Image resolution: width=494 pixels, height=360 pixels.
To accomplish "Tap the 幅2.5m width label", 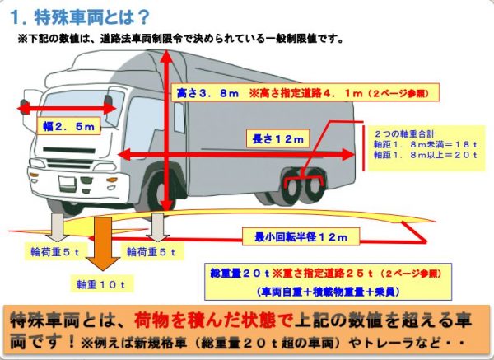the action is (x=68, y=126).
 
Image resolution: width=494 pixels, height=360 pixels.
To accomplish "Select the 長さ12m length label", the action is (x=277, y=138).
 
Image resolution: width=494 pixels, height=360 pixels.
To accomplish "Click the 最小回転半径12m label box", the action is (x=301, y=236).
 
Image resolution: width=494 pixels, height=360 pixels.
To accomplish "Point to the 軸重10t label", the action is (x=101, y=284).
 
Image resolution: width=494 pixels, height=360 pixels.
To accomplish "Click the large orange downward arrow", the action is (x=103, y=243).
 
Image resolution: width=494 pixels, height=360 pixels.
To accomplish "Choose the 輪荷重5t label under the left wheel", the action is (x=55, y=252).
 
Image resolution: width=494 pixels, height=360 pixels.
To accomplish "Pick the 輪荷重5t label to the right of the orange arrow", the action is (x=151, y=252).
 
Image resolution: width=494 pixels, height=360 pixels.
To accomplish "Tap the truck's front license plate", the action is (x=68, y=184).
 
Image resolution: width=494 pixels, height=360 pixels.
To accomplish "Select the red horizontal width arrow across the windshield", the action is (x=67, y=109).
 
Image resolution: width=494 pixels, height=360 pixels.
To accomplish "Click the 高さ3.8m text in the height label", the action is (x=208, y=93).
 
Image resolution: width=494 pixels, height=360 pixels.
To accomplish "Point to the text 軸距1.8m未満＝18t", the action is (x=425, y=144).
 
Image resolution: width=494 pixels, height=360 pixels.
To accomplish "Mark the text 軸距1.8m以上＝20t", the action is (x=425, y=155).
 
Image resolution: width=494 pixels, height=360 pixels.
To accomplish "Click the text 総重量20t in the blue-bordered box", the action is (x=240, y=274).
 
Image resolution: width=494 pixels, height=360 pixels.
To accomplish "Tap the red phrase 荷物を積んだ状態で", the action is (x=212, y=320).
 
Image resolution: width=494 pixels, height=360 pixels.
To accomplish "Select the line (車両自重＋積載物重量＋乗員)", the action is (x=328, y=292).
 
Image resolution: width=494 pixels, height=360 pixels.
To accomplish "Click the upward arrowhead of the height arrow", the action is (x=166, y=57).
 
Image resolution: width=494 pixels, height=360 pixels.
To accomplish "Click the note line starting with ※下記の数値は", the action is (x=181, y=39).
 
